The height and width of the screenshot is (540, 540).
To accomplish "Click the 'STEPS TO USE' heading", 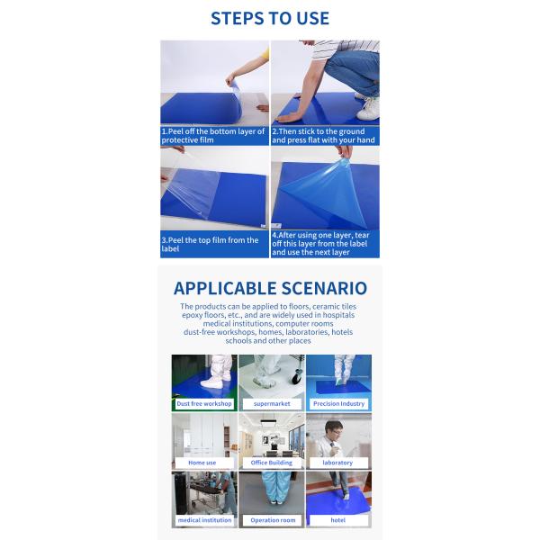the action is click(270, 18).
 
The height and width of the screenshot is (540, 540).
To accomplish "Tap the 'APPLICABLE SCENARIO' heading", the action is click(270, 288).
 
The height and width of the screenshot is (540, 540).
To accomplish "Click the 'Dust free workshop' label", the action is click(204, 403).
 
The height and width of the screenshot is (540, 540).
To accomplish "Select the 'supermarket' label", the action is click(272, 403).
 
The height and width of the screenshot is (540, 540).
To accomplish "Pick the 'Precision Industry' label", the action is click(339, 403).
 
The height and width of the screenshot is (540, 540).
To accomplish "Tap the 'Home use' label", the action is click(202, 463).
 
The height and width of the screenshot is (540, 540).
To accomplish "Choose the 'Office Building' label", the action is click(272, 463).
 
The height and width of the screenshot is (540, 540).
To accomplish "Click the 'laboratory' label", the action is click(337, 463).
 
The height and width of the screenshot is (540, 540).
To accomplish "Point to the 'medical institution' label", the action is click(204, 520).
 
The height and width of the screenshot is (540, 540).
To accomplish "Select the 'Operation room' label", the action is click(273, 520).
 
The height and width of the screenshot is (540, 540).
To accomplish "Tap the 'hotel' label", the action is click(337, 520).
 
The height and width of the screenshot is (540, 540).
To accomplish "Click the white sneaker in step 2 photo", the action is click(368, 109).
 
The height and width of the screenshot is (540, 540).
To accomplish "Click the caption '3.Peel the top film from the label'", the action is click(210, 244).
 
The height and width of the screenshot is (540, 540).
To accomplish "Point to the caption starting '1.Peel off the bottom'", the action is click(213, 136).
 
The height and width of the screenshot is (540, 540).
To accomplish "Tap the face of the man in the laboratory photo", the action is click(334, 429).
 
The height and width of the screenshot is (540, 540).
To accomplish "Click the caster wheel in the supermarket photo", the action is click(296, 377).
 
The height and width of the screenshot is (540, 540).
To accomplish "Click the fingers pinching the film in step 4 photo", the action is click(344, 152).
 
